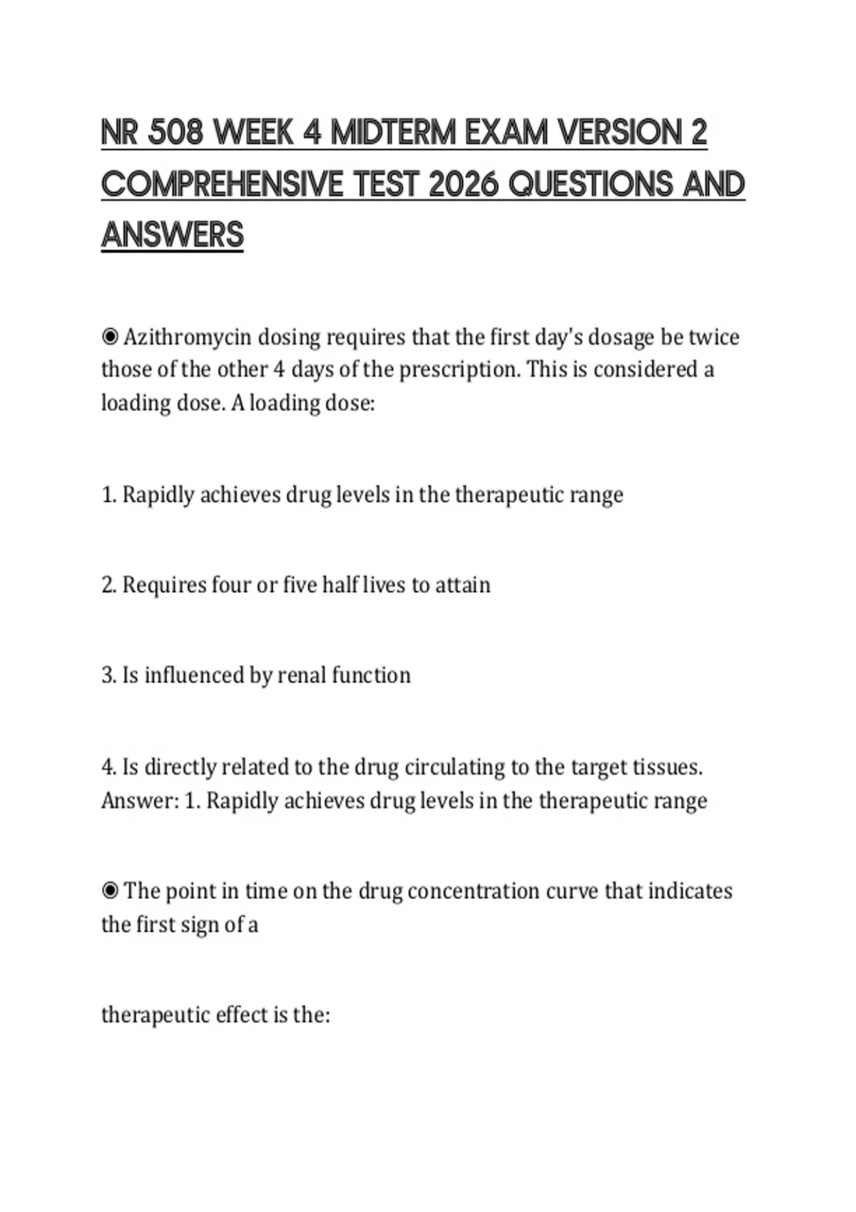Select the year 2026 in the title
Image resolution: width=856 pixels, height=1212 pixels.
[463, 185]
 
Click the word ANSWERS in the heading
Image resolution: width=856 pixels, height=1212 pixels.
[173, 235]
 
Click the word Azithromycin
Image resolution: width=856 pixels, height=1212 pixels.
[188, 337]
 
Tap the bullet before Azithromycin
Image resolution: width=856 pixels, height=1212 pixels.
[110, 336]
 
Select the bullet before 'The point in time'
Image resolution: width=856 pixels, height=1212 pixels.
[110, 890]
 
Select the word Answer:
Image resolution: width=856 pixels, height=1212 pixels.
[140, 801]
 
